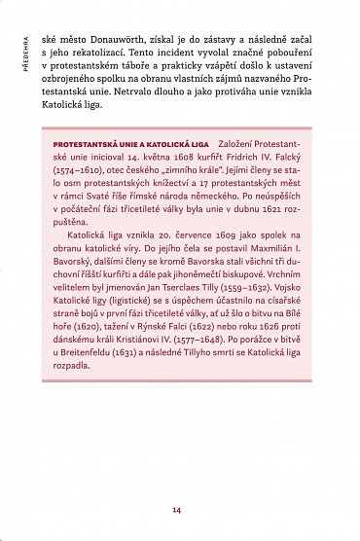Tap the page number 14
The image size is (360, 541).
(176, 509)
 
